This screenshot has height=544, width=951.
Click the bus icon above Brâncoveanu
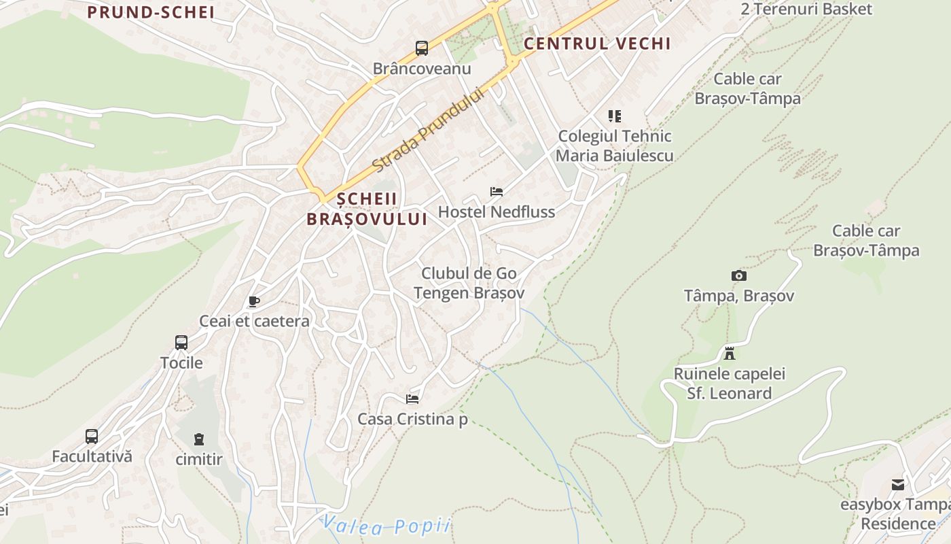(x=422, y=48)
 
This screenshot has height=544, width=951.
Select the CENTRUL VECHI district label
(x=597, y=44)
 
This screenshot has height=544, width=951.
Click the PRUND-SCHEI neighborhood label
(x=151, y=12)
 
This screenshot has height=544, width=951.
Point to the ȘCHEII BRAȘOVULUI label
(x=367, y=209)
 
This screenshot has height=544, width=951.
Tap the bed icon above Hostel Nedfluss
(x=497, y=192)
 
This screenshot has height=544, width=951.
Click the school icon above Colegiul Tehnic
(x=615, y=116)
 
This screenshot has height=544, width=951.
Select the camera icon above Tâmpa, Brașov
(x=739, y=275)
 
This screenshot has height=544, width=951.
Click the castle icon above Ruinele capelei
(x=730, y=354)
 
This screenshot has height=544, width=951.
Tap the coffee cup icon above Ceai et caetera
(x=254, y=301)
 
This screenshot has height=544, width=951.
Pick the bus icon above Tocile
(x=181, y=343)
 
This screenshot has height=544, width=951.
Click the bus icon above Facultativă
(x=92, y=437)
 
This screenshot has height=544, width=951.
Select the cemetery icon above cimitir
(x=198, y=439)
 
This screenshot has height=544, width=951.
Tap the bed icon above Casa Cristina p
(x=412, y=398)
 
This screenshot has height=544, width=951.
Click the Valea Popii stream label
(x=386, y=525)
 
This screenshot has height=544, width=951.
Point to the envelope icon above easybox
(x=898, y=485)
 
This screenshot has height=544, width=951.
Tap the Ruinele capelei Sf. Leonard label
(x=730, y=384)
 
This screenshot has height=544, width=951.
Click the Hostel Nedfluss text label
(x=497, y=212)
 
